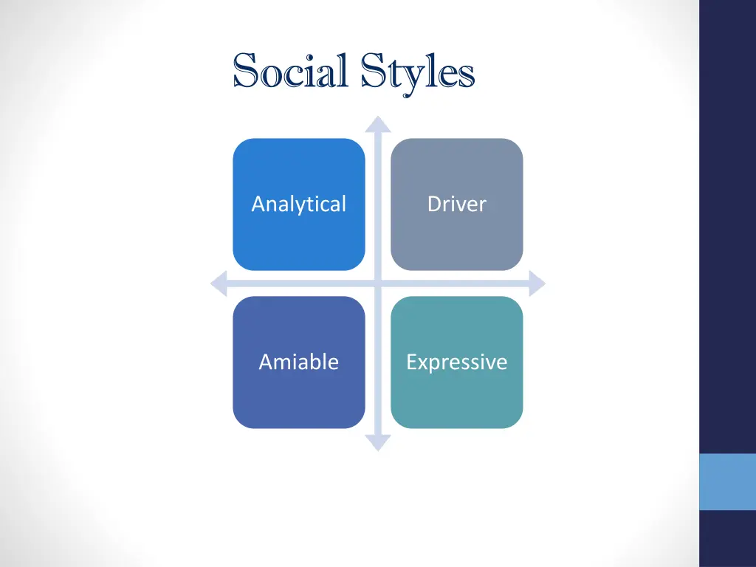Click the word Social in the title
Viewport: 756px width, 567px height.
(x=290, y=72)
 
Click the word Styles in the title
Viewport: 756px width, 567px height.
(x=418, y=72)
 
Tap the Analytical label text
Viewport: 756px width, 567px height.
(x=298, y=204)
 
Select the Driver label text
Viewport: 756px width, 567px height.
(x=456, y=204)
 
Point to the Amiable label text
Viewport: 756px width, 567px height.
(x=298, y=362)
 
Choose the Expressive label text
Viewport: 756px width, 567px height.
(x=456, y=362)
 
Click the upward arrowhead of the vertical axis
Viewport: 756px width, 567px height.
(x=378, y=124)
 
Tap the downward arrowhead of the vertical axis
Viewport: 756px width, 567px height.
(x=378, y=442)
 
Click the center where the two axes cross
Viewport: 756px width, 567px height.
(x=378, y=283)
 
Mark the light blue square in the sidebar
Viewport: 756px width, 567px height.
(x=727, y=481)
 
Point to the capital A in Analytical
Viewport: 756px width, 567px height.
(x=258, y=204)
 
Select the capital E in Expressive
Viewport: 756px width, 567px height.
(x=412, y=362)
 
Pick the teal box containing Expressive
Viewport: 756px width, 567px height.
(x=456, y=399)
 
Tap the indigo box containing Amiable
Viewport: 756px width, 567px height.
(x=298, y=399)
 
